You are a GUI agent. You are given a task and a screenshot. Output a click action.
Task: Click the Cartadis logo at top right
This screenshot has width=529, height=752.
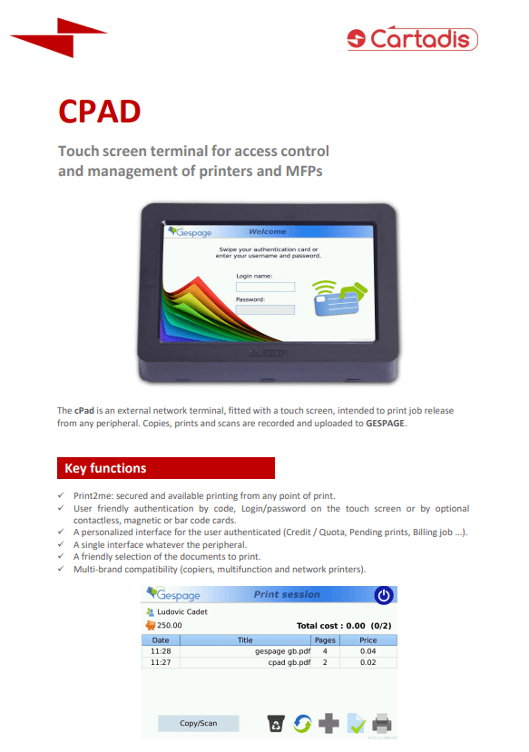pos(412,38)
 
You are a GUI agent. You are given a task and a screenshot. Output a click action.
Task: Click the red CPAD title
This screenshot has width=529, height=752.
pos(99,111)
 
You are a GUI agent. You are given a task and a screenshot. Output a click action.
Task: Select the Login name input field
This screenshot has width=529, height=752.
pos(266,287)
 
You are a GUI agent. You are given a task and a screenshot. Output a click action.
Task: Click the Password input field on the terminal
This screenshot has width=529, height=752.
pos(266,309)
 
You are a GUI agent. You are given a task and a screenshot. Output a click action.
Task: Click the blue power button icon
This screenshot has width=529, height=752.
pos(385,595)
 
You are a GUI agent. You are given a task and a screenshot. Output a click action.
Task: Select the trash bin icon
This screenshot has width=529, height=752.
pos(275,723)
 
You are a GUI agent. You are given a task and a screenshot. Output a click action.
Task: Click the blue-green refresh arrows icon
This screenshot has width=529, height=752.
pos(302,723)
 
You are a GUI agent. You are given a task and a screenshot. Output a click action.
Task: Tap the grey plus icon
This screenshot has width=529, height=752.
pos(328,723)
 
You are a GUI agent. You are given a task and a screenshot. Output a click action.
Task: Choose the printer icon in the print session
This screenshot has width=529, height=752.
pos(382,723)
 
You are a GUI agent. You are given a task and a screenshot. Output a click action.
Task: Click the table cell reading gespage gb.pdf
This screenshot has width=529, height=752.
pos(284,650)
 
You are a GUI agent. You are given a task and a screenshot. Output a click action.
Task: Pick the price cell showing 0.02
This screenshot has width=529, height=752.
pos(367,662)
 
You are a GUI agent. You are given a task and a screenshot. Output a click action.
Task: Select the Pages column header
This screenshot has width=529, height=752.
pos(325,640)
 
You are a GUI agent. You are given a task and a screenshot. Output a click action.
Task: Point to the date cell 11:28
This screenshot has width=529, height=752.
pos(161,650)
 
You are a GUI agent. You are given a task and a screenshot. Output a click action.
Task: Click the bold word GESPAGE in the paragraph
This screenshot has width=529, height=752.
pos(386,423)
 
